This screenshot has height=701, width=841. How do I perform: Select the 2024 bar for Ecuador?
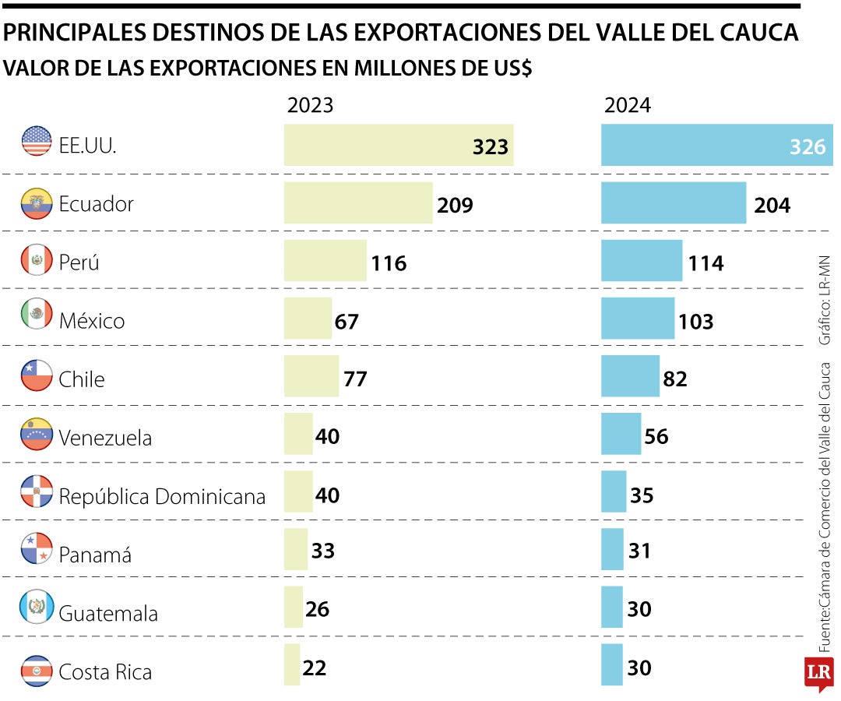pyautogui.click(x=673, y=203)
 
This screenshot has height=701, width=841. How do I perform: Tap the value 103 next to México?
pyautogui.click(x=695, y=321)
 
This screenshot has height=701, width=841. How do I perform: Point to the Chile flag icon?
pyautogui.click(x=36, y=377)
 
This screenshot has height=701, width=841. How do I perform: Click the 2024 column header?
pyautogui.click(x=628, y=105)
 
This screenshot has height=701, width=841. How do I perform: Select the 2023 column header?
pyautogui.click(x=310, y=105)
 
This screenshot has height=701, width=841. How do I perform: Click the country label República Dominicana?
pyautogui.click(x=162, y=496)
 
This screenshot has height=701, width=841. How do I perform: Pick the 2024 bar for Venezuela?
pyautogui.click(x=621, y=434)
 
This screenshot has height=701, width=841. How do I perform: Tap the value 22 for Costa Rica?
pyautogui.click(x=314, y=668)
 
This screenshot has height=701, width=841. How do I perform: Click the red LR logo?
pyautogui.click(x=819, y=673)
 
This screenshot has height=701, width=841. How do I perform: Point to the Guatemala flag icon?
pyautogui.click(x=36, y=608)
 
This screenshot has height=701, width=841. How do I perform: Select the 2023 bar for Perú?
pyautogui.click(x=325, y=260)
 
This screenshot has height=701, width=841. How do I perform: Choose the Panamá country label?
pyautogui.click(x=95, y=555)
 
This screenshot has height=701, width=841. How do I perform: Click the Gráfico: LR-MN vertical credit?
pyautogui.click(x=825, y=300)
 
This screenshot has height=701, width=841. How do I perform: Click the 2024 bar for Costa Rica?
pyautogui.click(x=612, y=664)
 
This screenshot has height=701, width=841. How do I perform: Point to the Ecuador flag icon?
pyautogui.click(x=36, y=203)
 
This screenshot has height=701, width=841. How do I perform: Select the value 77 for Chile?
pyautogui.click(x=354, y=379)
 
